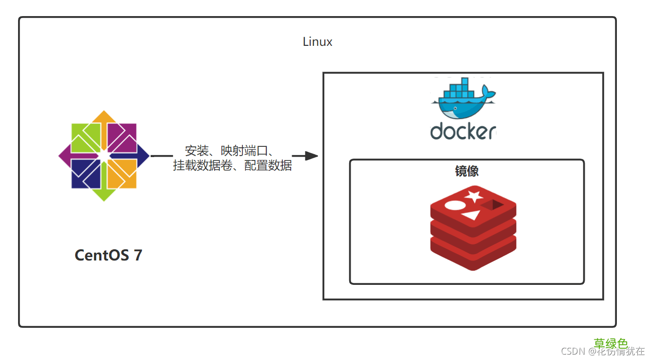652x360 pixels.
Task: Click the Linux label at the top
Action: click(x=317, y=42)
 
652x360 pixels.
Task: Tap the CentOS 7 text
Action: click(x=108, y=255)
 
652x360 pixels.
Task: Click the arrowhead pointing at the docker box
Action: click(x=312, y=156)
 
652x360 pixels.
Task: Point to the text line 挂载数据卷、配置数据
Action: click(x=233, y=166)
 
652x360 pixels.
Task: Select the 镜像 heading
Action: click(x=467, y=171)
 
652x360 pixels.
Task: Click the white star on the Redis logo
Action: click(x=473, y=197)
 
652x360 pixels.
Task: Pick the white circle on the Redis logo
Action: click(x=454, y=205)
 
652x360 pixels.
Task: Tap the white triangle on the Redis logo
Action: click(x=470, y=215)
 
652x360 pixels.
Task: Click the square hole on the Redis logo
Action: click(x=497, y=204)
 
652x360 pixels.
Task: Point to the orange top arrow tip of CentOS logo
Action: click(x=104, y=116)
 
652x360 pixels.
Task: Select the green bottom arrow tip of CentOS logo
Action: click(x=104, y=196)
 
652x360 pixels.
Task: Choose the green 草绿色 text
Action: click(x=611, y=343)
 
